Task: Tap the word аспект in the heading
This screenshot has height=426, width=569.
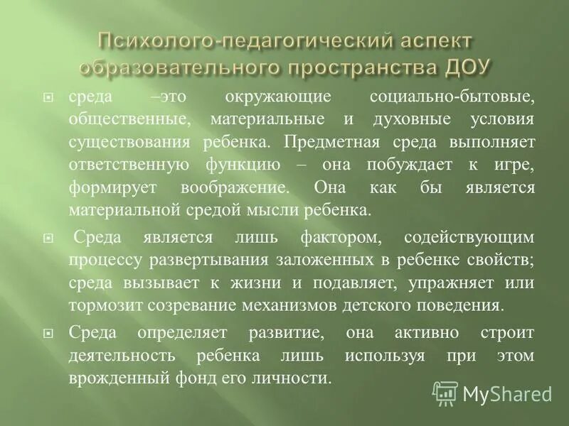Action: pyautogui.click(x=434, y=40)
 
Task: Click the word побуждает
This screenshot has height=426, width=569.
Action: pyautogui.click(x=407, y=164)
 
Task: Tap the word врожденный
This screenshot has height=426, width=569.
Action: pyautogui.click(x=119, y=378)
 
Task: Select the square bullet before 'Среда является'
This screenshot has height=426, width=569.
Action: pyautogui.click(x=48, y=238)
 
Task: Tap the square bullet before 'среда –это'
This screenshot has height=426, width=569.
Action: pyautogui.click(x=48, y=96)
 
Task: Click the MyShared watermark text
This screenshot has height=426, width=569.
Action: pyautogui.click(x=507, y=393)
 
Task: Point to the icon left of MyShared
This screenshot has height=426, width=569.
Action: pyautogui.click(x=445, y=393)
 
